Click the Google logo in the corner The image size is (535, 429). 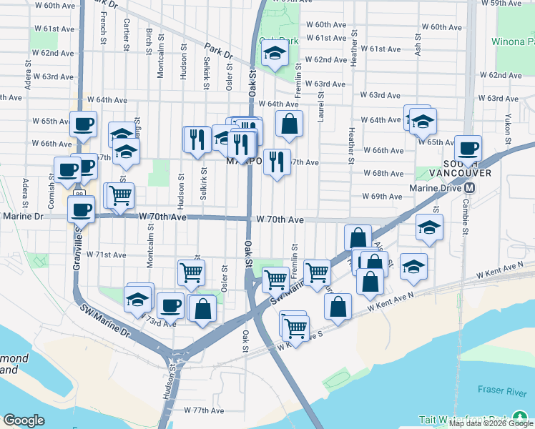[24, 420]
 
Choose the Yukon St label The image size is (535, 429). [507, 126]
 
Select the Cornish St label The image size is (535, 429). [51, 189]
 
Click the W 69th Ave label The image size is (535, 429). [382, 196]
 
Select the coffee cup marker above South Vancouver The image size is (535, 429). [468, 149]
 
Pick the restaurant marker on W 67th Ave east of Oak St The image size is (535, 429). [277, 162]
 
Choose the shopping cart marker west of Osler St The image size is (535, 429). [191, 272]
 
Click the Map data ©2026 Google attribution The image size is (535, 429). [491, 423]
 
